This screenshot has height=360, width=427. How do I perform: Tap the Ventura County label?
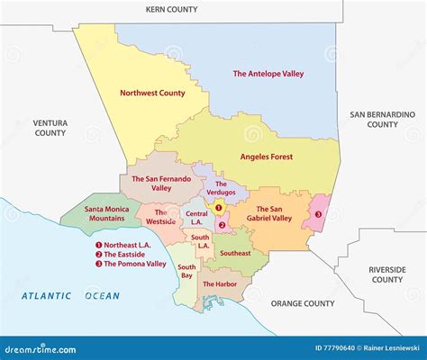point(50,127)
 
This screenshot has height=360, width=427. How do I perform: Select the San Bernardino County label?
point(382,119)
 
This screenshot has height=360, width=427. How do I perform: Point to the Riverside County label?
point(386,274)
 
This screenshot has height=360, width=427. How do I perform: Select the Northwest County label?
point(152,92)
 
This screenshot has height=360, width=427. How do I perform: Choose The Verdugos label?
point(225,188)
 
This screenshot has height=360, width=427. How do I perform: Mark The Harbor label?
point(220,284)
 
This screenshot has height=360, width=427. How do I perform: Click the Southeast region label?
point(235,253)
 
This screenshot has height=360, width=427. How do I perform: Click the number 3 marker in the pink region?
point(318,214)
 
